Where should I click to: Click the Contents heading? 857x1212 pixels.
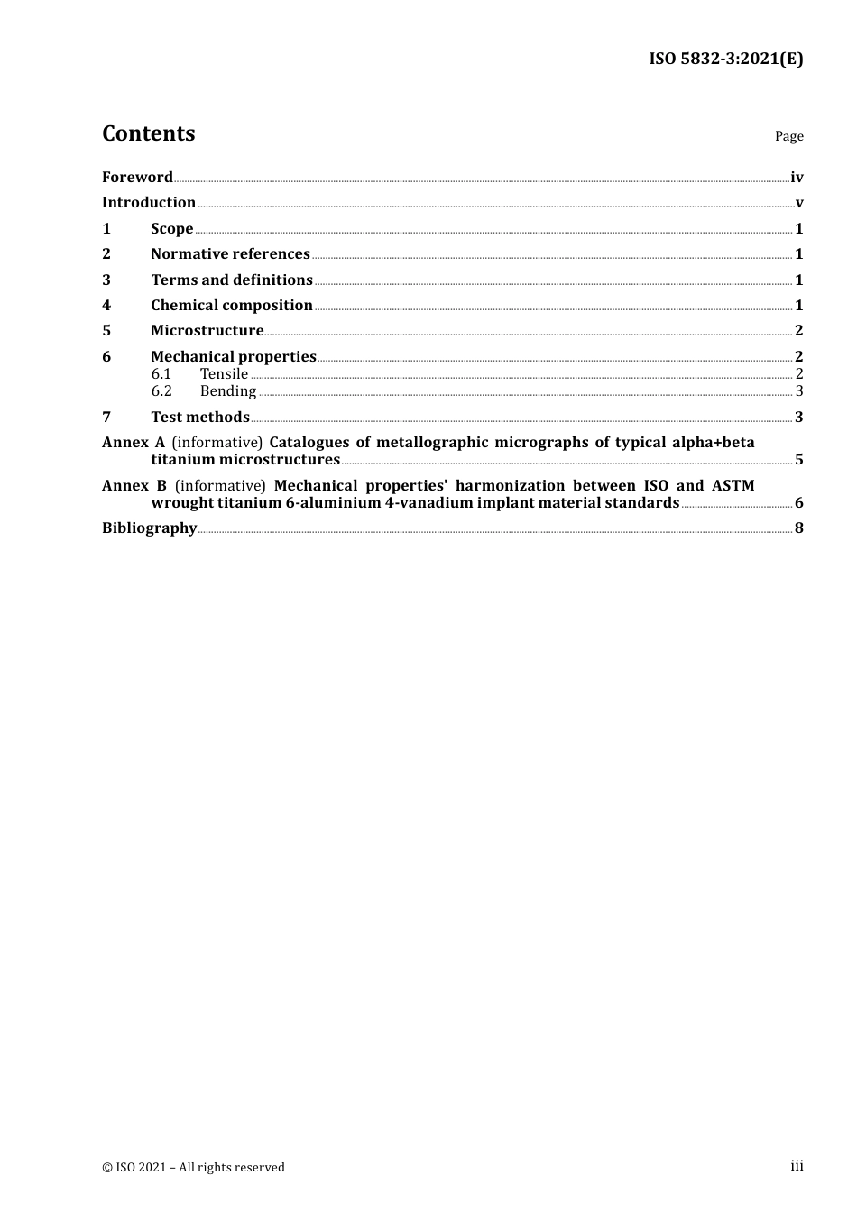coord(149,133)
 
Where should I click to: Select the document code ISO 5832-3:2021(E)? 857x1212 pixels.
coord(725,59)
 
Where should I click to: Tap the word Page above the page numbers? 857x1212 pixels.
coord(788,136)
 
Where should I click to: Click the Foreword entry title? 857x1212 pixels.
coord(137,177)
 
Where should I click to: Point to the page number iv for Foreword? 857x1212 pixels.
coord(797,178)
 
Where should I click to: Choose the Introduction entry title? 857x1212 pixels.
coord(149,202)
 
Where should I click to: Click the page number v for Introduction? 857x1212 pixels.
coord(799,203)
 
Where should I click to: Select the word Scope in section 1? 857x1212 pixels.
coord(171,228)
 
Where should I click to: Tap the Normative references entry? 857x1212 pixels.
coord(230,253)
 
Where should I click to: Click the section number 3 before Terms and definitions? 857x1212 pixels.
coord(106,280)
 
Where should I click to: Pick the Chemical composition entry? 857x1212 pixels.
coord(232,305)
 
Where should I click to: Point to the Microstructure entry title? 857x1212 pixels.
coord(207,330)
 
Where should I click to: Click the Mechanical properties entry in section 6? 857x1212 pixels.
coord(234,356)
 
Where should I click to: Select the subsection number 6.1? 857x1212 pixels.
coord(161,373)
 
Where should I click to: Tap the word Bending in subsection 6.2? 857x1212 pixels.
coord(228,390)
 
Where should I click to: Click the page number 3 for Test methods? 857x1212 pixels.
coord(799,417)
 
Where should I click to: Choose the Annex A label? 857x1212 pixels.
coord(134,442)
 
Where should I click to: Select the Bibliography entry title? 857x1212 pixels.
coord(149,528)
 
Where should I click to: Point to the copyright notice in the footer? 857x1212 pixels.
coord(193,1167)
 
